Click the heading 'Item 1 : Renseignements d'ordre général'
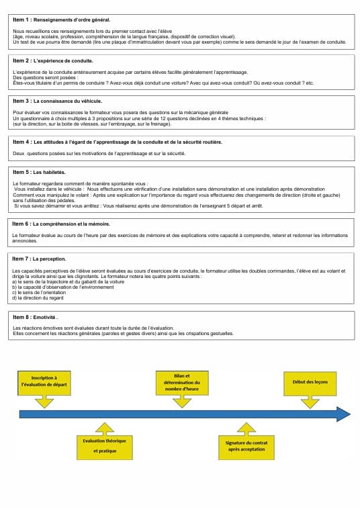(61, 21)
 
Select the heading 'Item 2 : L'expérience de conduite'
(53, 60)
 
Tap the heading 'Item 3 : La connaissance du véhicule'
(58, 100)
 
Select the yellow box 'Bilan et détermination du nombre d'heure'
(182, 383)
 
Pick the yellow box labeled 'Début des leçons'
(310, 382)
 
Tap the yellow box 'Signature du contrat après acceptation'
(246, 447)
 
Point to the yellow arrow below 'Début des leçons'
(310, 401)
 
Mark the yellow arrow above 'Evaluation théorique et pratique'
(104, 428)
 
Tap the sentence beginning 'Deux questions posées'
(99, 153)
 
